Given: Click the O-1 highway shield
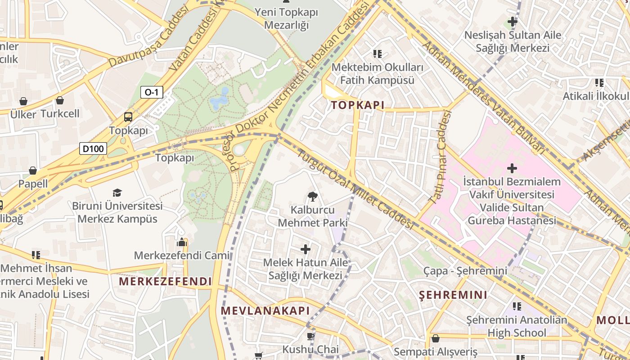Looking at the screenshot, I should tap(152, 93).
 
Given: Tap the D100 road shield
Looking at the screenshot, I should tap(93, 148).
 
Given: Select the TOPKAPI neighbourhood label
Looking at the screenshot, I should tap(358, 105).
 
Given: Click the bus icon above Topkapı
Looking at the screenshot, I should tap(128, 117).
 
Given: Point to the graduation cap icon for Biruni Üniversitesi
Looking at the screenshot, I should tap(117, 193).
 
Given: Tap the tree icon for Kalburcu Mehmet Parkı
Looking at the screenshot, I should tap(312, 196).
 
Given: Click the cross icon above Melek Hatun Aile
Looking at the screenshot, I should tap(306, 249).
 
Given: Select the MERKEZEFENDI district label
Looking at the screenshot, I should tap(165, 282).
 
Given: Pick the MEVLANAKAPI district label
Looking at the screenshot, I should tap(265, 310).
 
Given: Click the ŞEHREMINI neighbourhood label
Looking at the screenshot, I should tap(453, 295).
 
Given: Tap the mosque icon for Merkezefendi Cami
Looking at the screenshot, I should tap(182, 242).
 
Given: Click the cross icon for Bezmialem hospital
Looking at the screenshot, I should tap(512, 168).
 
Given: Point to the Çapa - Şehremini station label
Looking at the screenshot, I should tap(465, 271).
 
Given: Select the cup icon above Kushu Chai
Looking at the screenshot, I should tap(310, 336).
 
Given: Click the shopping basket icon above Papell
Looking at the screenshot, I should tap(33, 171).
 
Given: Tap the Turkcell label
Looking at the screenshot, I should tap(60, 113).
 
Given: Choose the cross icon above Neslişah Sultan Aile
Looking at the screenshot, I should tap(512, 21).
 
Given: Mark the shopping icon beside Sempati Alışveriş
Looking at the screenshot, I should tap(435, 338).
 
